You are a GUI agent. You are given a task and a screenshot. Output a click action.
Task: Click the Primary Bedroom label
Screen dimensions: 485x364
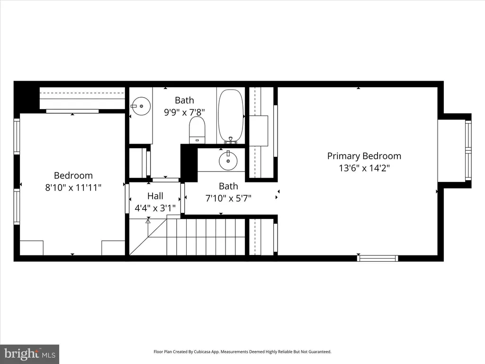click(x=364, y=156)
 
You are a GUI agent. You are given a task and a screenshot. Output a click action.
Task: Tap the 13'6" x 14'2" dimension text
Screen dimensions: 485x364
click(x=364, y=168)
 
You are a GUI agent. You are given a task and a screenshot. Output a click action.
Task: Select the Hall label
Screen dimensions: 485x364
click(x=155, y=196)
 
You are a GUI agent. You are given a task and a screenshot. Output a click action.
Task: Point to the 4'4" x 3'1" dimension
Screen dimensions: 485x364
click(x=155, y=208)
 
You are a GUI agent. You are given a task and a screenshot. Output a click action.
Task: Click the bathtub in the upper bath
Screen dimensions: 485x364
click(x=231, y=117)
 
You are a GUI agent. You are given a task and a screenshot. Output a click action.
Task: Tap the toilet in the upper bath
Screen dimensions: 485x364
click(x=197, y=130)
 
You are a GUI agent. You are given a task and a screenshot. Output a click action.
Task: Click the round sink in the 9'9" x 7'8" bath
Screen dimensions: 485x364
click(x=141, y=106)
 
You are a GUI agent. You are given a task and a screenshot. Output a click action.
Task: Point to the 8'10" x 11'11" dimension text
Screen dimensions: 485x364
click(x=73, y=188)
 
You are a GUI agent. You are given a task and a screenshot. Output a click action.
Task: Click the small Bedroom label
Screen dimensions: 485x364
click(x=73, y=175)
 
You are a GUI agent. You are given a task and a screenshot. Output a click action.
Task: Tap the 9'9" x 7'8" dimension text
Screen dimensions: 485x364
click(x=184, y=112)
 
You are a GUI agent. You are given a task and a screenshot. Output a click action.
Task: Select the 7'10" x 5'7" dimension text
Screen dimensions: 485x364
click(x=228, y=198)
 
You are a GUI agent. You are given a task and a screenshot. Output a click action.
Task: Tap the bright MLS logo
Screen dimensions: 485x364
click(x=30, y=354)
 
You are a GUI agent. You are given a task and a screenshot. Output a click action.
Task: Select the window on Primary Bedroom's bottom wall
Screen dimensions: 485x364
click(x=377, y=258)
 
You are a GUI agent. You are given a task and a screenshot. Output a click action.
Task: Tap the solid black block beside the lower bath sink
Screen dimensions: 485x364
click(x=189, y=163)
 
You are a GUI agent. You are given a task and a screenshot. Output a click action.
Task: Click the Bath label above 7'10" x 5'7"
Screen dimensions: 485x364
click(x=228, y=186)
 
